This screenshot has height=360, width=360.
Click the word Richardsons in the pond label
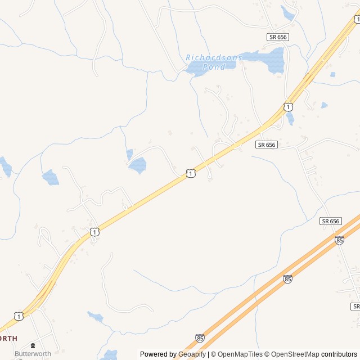214,57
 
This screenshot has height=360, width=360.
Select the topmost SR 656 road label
277,37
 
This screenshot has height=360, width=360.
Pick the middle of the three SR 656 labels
267,145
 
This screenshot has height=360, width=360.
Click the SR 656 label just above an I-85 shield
331,221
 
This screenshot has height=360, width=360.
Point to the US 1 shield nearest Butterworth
19,316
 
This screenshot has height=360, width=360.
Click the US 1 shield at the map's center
191,173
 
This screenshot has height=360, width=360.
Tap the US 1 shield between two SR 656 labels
288,106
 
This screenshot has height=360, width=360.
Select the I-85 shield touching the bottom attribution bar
200,338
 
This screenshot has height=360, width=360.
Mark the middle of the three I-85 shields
287,278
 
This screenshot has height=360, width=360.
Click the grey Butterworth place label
33,354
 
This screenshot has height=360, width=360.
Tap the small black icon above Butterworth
33,345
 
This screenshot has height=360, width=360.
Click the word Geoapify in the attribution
191,354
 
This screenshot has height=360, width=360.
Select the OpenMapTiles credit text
241,354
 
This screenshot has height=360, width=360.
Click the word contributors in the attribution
339,354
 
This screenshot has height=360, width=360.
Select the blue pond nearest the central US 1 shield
137,165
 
